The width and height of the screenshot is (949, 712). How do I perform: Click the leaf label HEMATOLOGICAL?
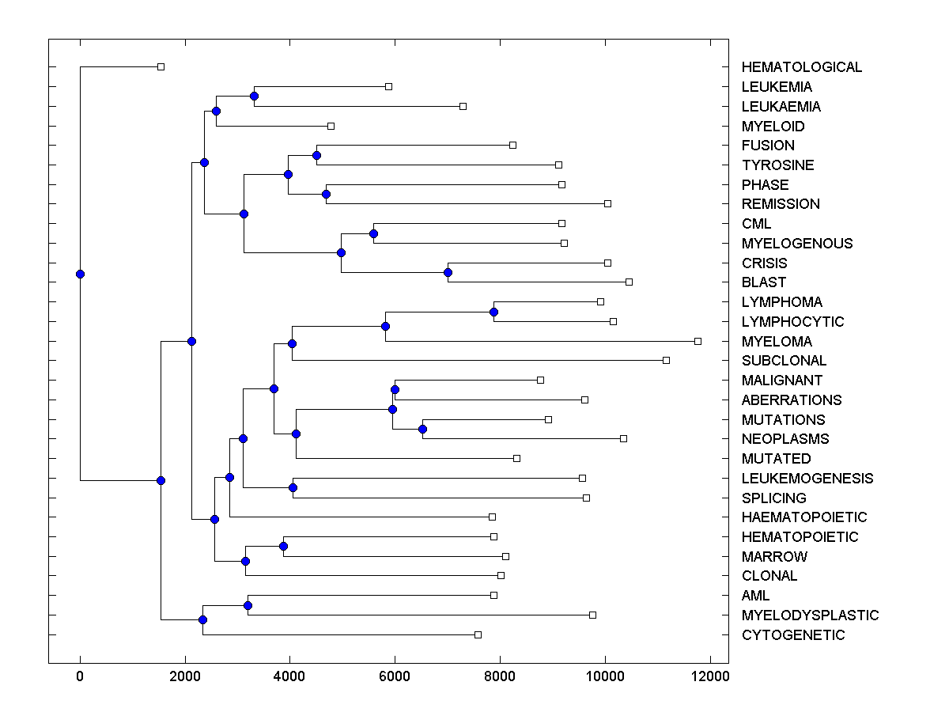click(801, 67)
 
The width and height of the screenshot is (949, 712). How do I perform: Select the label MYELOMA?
click(777, 342)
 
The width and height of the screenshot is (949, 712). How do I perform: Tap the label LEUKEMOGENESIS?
click(807, 479)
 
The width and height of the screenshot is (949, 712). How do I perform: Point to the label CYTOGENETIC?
click(793, 635)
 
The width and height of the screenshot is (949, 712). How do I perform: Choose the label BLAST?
click(764, 282)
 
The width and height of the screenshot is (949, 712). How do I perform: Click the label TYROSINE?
click(777, 165)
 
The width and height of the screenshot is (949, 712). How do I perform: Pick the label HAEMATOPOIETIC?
click(804, 517)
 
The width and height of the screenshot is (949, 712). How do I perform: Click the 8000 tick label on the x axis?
click(500, 676)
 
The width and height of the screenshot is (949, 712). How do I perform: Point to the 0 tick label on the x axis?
click(80, 676)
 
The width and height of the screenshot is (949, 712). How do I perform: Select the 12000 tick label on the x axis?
click(709, 676)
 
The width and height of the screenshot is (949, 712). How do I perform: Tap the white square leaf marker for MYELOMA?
click(698, 341)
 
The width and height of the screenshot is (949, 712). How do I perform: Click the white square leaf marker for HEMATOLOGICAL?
click(161, 66)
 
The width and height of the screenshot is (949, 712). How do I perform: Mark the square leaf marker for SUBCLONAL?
click(666, 360)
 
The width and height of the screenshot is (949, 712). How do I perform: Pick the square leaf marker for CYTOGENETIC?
click(478, 634)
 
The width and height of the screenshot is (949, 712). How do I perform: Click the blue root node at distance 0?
click(80, 274)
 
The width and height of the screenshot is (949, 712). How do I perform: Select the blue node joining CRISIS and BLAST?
click(448, 272)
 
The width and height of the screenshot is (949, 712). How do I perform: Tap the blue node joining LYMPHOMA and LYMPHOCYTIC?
click(493, 312)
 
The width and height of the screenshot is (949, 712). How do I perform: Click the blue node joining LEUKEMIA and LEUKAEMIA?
click(254, 97)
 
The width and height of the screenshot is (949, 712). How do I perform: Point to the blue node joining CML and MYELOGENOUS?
click(373, 233)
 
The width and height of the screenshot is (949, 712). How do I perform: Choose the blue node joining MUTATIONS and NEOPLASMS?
click(422, 429)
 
